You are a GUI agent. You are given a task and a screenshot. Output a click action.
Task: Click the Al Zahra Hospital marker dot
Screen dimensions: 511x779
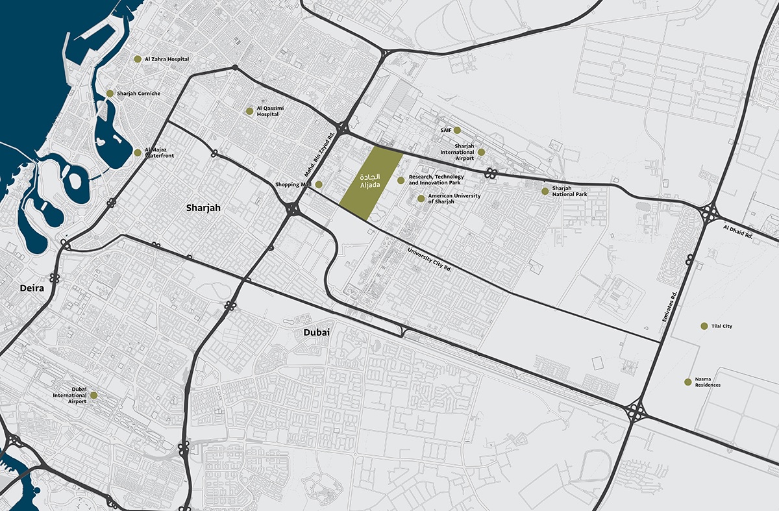click(x=138, y=59)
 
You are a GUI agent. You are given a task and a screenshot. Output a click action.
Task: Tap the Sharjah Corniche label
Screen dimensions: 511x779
click(x=138, y=93)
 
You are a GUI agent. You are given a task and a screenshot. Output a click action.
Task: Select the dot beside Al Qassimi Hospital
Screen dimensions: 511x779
click(x=249, y=111)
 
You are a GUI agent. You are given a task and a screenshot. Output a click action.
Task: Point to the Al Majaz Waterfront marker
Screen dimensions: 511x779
click(x=138, y=153)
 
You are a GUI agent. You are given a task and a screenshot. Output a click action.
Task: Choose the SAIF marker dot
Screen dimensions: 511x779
click(x=457, y=130)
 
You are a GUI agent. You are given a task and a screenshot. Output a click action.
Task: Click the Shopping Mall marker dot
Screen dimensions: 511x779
click(x=318, y=184)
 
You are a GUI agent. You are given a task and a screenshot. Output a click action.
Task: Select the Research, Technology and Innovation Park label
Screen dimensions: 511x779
click(x=436, y=180)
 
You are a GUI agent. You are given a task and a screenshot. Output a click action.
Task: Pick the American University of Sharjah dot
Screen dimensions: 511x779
click(x=421, y=199)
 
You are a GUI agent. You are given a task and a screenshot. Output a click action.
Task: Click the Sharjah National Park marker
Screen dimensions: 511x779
click(x=545, y=191)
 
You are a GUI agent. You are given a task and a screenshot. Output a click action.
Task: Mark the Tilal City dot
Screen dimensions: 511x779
click(x=704, y=326)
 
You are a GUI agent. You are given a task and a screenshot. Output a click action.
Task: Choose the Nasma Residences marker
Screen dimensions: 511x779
click(x=687, y=382)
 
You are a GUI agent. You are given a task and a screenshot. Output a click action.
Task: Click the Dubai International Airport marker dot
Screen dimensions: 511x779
click(x=93, y=395)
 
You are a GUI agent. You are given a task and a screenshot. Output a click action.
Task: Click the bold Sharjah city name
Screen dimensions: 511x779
click(x=203, y=208)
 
